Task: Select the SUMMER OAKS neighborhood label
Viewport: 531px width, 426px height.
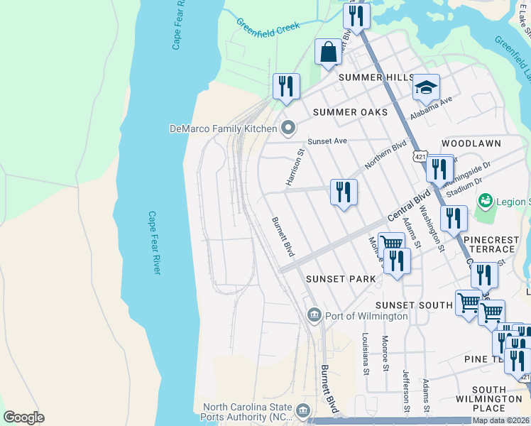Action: (x=350, y=112)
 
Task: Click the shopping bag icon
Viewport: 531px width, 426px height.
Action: (x=328, y=52)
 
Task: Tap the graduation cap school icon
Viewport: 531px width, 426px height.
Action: (x=426, y=88)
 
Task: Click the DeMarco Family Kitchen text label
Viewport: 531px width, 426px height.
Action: (x=222, y=129)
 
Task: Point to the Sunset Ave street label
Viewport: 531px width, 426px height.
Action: (x=327, y=141)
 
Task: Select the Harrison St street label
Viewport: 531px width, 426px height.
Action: (x=295, y=168)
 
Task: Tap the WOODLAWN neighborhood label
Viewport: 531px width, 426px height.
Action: (x=471, y=143)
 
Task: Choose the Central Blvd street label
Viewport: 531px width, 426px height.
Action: (x=409, y=206)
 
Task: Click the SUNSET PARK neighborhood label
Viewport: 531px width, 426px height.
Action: (x=340, y=279)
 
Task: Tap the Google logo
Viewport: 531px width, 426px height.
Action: (x=23, y=417)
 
